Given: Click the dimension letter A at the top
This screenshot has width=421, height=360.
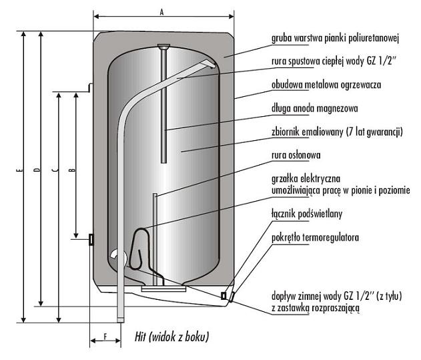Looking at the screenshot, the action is click(x=161, y=12).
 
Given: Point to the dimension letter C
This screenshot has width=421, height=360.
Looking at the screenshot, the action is click(x=55, y=170).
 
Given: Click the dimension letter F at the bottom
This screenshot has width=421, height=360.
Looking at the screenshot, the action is click(x=105, y=337).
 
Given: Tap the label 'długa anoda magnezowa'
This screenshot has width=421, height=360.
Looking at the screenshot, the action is click(x=315, y=109).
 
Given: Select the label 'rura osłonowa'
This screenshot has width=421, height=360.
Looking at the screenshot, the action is click(x=296, y=156).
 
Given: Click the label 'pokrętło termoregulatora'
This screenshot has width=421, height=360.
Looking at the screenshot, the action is click(x=315, y=238).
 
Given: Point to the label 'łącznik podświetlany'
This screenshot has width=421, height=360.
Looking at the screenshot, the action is click(x=307, y=214).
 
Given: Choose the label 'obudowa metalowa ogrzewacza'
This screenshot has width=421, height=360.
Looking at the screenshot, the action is click(x=326, y=85).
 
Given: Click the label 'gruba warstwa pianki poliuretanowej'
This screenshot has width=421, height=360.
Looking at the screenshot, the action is click(x=335, y=39).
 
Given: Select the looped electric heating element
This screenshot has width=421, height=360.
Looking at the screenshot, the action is click(x=139, y=248).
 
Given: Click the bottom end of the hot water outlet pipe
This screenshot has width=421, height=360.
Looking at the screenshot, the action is click(x=121, y=320).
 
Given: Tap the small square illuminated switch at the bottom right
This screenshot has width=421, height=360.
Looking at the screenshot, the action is click(x=224, y=296).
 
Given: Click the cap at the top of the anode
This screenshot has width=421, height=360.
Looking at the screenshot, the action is click(x=163, y=46).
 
